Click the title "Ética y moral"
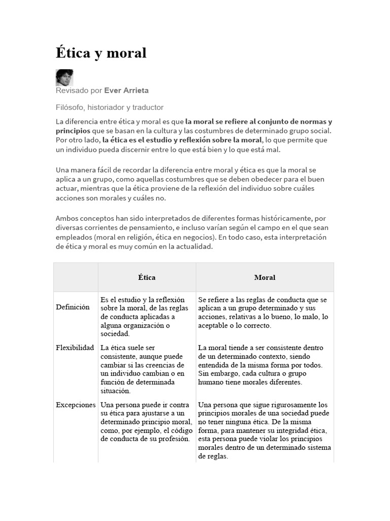(x=101, y=52)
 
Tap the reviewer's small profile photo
(x=64, y=78)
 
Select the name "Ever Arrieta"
(x=126, y=91)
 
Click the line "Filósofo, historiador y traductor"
(x=110, y=107)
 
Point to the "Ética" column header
(x=147, y=277)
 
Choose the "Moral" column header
(x=265, y=277)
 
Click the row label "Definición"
(x=73, y=307)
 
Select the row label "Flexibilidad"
(x=75, y=348)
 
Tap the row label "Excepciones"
(x=76, y=405)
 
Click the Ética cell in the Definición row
(x=144, y=316)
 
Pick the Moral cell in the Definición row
(x=263, y=312)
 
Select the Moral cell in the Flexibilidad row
(x=262, y=365)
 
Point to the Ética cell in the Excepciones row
(x=146, y=422)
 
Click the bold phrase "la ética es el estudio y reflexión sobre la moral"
(x=182, y=140)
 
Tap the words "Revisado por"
(x=79, y=91)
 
